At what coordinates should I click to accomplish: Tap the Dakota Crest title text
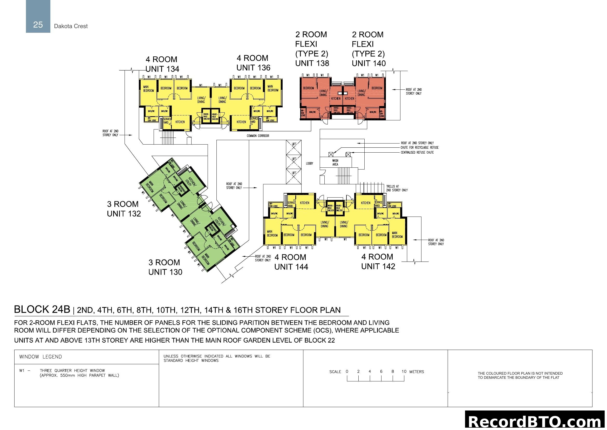pyautogui.click(x=71, y=26)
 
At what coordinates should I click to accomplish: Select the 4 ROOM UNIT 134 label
pyautogui.click(x=162, y=64)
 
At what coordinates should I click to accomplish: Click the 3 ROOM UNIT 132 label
pyautogui.click(x=124, y=209)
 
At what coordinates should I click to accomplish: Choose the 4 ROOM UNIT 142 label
pyautogui.click(x=378, y=261)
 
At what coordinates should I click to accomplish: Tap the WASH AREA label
pyautogui.click(x=335, y=162)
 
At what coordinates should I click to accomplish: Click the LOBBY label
pyautogui.click(x=309, y=164)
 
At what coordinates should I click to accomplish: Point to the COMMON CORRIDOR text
pyautogui.click(x=258, y=136)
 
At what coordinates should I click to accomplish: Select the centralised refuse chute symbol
pyautogui.click(x=348, y=154)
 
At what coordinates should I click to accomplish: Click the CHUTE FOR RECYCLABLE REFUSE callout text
pyautogui.click(x=419, y=147)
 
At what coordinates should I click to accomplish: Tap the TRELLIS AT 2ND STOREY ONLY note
pyautogui.click(x=397, y=188)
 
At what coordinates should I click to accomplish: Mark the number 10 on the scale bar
pyautogui.click(x=404, y=372)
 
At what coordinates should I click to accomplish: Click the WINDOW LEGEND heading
pyautogui.click(x=40, y=357)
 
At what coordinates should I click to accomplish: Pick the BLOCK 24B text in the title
pyautogui.click(x=42, y=310)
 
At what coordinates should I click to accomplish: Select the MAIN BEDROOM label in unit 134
pyautogui.click(x=148, y=89)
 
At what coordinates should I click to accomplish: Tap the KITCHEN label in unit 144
pyautogui.click(x=304, y=203)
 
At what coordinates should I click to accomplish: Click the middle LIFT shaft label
pyautogui.click(x=294, y=159)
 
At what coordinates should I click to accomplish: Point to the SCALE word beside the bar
pyautogui.click(x=335, y=372)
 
